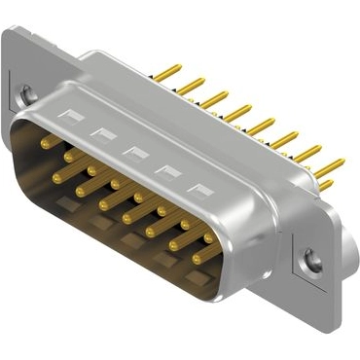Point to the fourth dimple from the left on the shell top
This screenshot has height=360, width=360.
[x=168, y=171]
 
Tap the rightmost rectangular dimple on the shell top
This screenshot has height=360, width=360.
[x=201, y=190]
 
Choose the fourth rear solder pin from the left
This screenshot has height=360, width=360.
[x=238, y=114]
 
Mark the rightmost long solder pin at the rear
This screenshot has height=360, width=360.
[x=330, y=166]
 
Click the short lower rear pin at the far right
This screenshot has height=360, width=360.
[x=327, y=184]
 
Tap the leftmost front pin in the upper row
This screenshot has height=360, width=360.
[x=46, y=143]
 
